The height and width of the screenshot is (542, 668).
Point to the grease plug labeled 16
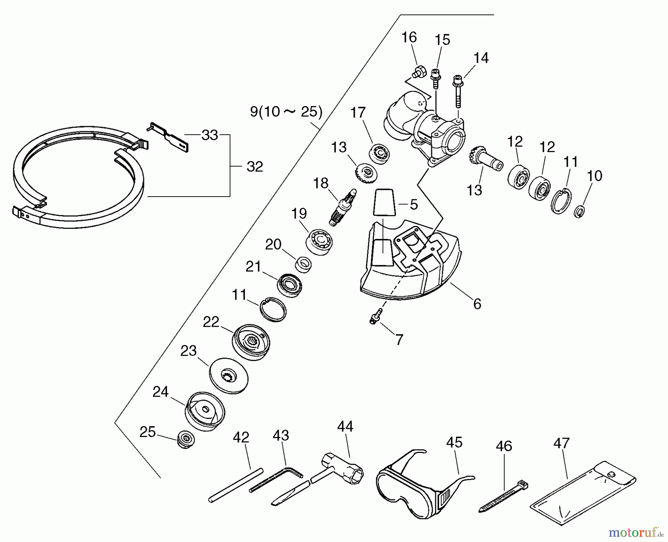tap(418, 71)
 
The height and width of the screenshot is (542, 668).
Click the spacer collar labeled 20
tap(303, 265)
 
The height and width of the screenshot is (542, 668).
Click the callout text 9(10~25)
tap(286, 111)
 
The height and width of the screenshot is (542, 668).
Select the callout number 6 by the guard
tap(477, 304)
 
